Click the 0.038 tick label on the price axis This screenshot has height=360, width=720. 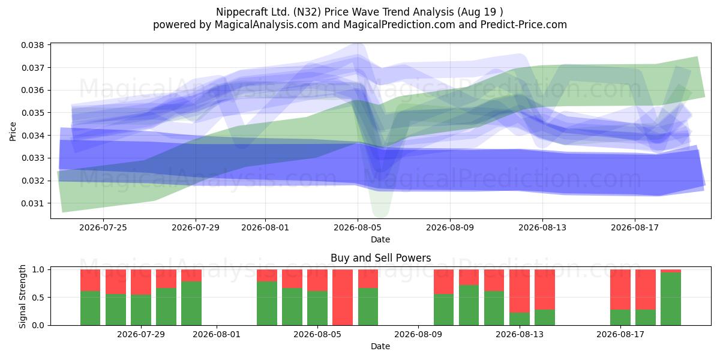[x=32, y=45]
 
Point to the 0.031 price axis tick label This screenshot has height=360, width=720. [x=32, y=203]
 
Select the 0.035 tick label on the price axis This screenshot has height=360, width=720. [x=32, y=113]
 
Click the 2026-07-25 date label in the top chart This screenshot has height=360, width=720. [x=103, y=227]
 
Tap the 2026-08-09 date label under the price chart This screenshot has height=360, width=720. [x=450, y=227]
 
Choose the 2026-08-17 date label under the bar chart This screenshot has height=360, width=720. [x=620, y=334]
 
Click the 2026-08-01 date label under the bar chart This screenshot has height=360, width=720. [x=217, y=334]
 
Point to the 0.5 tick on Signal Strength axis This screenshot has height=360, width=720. [x=38, y=298]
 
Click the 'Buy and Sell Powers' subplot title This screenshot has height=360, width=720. [x=380, y=258]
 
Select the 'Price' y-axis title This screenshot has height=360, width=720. [x=13, y=131]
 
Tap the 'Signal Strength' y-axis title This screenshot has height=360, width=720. [x=22, y=296]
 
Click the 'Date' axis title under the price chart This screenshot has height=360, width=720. [x=380, y=239]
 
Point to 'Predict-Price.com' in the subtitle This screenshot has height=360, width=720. [x=524, y=25]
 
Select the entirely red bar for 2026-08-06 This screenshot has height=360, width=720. [x=343, y=298]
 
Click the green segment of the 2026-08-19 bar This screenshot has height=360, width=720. [x=671, y=299]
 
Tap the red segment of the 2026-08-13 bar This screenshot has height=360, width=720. [x=520, y=291]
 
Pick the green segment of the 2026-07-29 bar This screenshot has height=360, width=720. [x=141, y=310]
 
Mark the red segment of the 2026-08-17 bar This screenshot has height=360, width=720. [x=620, y=290]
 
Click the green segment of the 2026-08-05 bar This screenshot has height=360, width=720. [x=317, y=308]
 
